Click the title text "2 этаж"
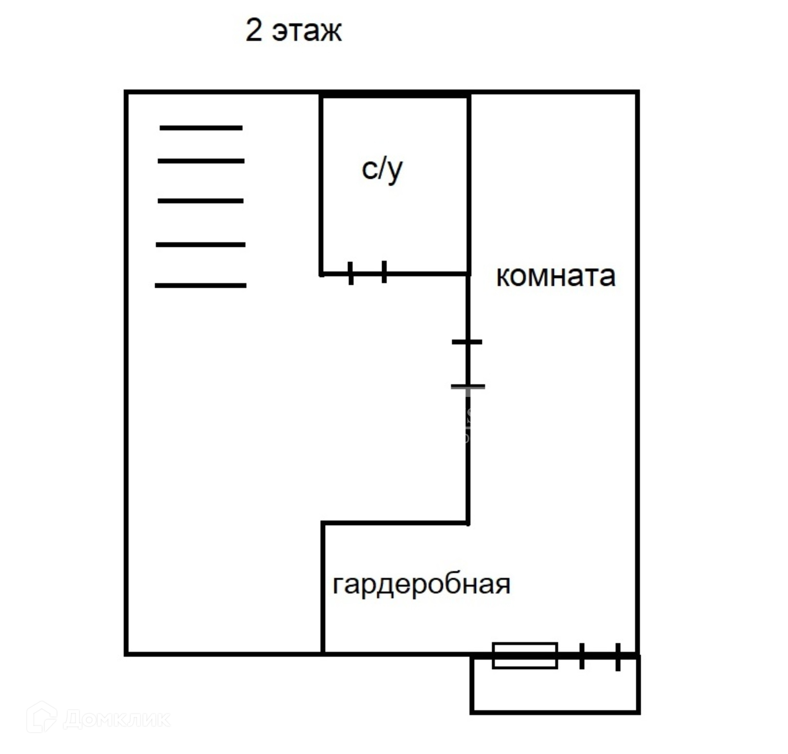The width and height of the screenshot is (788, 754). click(293, 31)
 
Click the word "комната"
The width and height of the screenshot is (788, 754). click(556, 276)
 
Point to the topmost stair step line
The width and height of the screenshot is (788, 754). click(201, 128)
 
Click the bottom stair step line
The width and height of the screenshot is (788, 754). click(200, 285)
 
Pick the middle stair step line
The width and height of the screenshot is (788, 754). click(200, 201)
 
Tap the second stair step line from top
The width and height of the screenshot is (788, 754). click(201, 161)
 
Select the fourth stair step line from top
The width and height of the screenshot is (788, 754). click(200, 245)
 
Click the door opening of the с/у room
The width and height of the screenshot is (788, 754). click(367, 273)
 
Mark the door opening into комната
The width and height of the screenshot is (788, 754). click(468, 364)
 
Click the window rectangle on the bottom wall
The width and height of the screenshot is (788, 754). click(525, 656)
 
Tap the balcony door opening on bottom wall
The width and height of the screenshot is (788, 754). click(600, 656)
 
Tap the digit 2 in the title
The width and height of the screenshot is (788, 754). click(254, 30)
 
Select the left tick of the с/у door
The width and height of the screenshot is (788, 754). click(350, 273)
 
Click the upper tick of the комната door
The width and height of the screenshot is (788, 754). click(467, 342)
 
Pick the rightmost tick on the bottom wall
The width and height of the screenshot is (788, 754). click(618, 657)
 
